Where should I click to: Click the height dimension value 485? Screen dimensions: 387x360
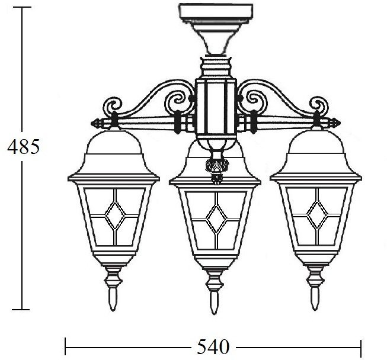[24, 146]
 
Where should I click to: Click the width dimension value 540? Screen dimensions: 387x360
[213, 347]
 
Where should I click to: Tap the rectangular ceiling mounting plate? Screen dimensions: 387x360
[216, 14]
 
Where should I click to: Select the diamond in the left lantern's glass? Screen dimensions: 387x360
[115, 215]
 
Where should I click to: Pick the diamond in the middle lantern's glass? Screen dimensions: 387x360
[216, 219]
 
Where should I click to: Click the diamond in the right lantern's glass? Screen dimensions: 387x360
[318, 215]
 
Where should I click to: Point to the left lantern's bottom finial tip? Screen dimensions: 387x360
[113, 310]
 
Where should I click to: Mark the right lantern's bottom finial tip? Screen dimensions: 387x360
[315, 309]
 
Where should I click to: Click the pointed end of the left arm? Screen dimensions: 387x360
[92, 123]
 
